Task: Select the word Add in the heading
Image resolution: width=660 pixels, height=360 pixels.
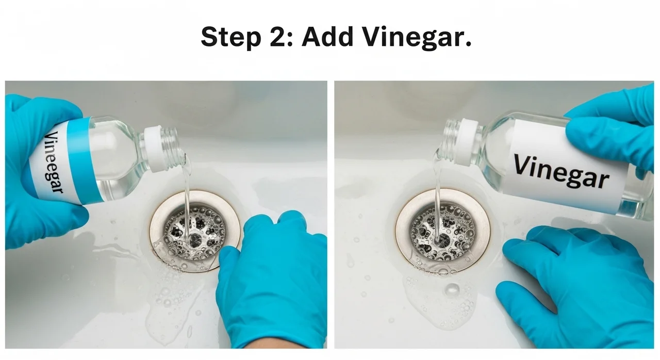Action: (327, 37)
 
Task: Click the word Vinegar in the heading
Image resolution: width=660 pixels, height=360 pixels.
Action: (417, 38)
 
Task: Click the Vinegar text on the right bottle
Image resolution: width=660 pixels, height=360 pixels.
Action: (561, 171)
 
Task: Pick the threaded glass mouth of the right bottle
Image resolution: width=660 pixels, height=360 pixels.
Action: (449, 138)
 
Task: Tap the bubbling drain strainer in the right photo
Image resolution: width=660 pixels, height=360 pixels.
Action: (442, 232)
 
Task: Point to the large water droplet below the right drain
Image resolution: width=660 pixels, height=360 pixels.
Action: (452, 289)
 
